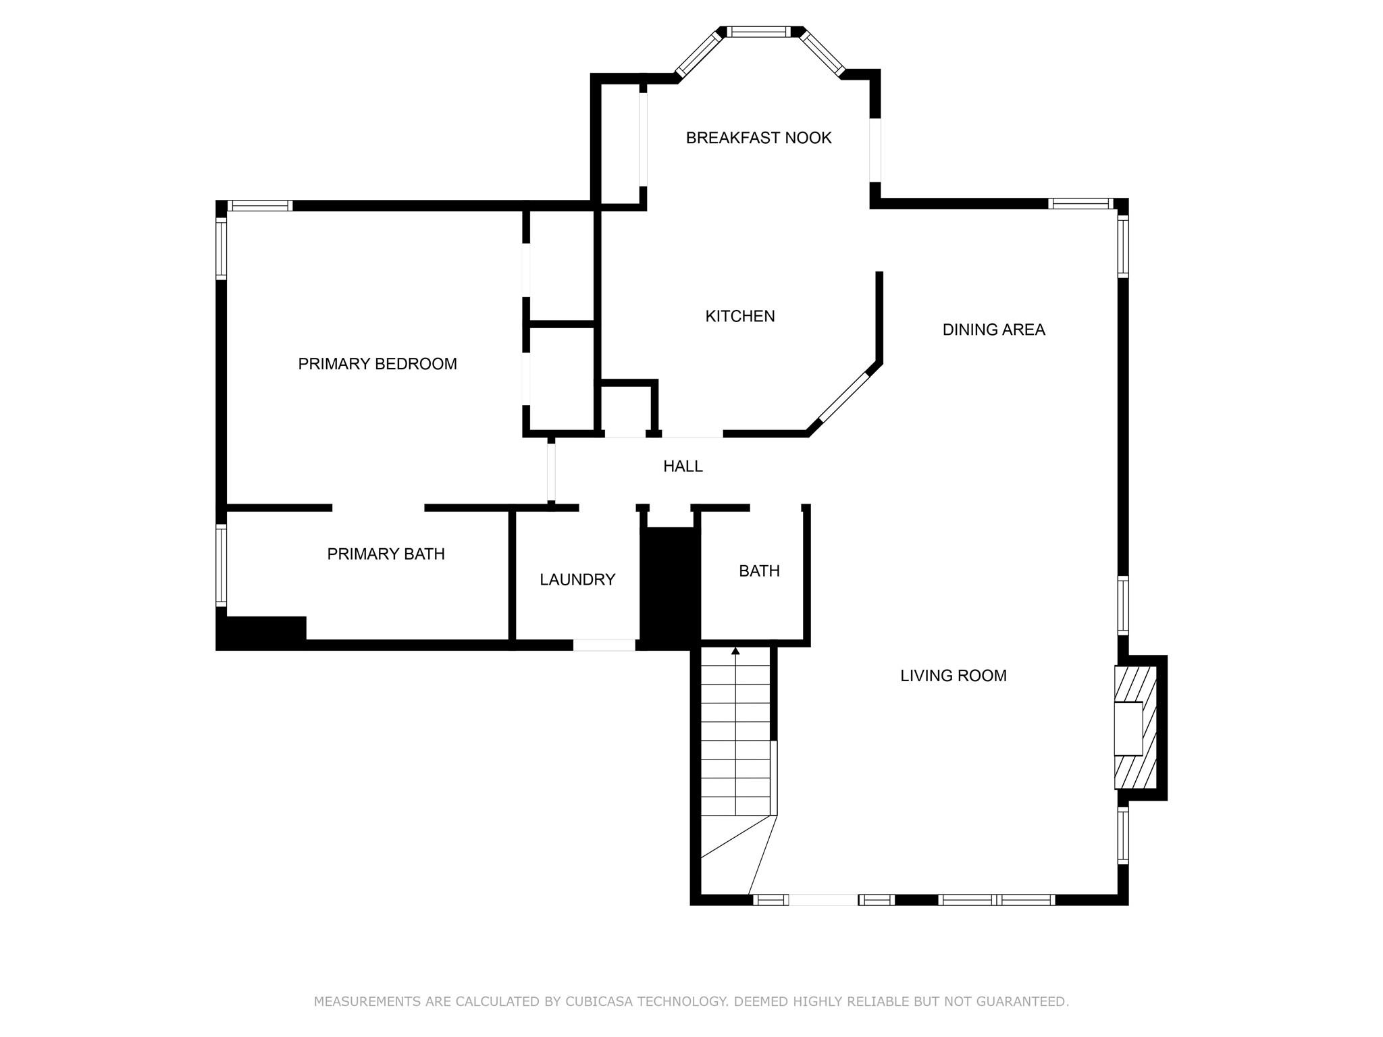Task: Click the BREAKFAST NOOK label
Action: (758, 138)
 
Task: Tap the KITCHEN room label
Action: (740, 316)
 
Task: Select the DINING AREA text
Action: (993, 329)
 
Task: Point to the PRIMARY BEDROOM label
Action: (377, 364)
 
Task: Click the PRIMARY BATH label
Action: (386, 554)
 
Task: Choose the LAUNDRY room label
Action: (577, 579)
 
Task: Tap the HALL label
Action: (683, 466)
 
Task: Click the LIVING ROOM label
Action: (953, 676)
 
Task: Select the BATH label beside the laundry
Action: (759, 571)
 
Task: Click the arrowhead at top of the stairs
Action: (735, 651)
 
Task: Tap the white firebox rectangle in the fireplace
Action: (1128, 728)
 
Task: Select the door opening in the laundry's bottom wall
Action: (604, 645)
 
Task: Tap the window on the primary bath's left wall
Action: (221, 565)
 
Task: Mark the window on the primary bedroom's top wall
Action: (260, 205)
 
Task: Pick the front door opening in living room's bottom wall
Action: (823, 900)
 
